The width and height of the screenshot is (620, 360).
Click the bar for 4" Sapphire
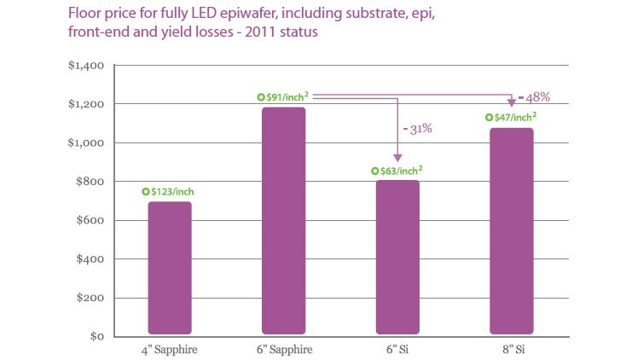pos(170,267)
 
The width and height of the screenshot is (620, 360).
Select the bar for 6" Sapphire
pos(283,220)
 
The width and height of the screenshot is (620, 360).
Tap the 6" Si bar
pos(397,257)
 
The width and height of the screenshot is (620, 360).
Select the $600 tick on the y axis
pos(88,221)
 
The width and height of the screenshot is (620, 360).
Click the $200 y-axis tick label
pos(88,299)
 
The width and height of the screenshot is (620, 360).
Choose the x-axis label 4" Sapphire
pos(170,349)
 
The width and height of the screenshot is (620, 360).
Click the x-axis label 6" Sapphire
pos(283,349)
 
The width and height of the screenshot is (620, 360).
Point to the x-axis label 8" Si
pos(511,349)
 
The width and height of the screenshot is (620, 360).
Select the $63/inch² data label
pos(403,171)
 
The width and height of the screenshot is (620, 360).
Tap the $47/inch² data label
pos(516,118)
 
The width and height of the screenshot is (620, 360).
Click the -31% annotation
pos(417,130)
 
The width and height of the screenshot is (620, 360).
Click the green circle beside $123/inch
pos(146,193)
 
